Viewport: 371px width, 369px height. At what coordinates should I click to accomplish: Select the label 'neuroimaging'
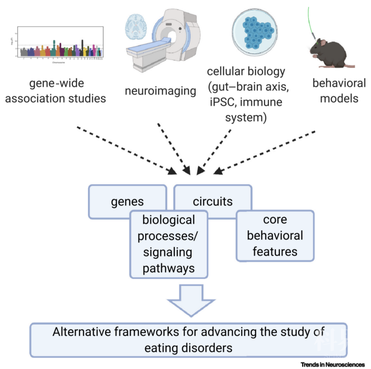pos(160,91)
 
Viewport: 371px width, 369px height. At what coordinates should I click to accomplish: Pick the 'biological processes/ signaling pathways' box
pos(169,245)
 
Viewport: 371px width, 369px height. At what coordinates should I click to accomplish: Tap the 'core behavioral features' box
pos(275,235)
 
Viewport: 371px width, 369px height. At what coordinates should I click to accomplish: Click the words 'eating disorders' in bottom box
pos(188,348)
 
